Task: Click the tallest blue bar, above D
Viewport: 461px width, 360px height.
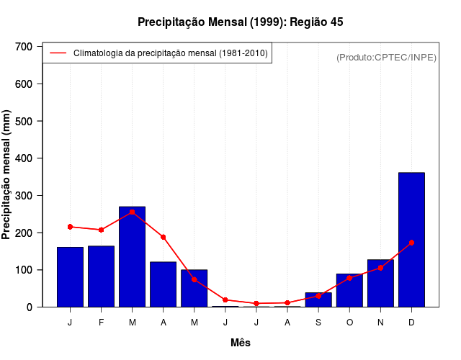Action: (x=411, y=240)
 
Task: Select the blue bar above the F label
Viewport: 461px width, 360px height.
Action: (x=101, y=276)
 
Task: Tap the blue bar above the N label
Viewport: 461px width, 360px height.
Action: (x=380, y=283)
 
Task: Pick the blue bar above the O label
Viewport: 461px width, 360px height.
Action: (x=349, y=290)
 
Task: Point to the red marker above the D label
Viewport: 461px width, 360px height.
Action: (x=411, y=243)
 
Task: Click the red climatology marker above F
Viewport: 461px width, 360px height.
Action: (x=101, y=230)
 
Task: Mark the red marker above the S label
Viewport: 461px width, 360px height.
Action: (x=318, y=296)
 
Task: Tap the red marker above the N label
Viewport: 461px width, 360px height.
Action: (x=380, y=268)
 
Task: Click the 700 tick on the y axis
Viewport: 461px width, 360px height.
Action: (x=24, y=47)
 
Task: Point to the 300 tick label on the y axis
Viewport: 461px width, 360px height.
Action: (x=24, y=196)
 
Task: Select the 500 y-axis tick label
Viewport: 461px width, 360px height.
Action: (x=24, y=121)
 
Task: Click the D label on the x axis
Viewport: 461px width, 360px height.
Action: (x=411, y=323)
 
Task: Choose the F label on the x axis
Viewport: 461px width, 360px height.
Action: (x=101, y=323)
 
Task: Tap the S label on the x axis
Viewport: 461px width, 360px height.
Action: (x=318, y=323)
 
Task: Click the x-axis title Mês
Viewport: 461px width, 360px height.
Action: (x=241, y=343)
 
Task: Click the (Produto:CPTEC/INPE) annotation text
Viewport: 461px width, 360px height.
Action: (x=386, y=57)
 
